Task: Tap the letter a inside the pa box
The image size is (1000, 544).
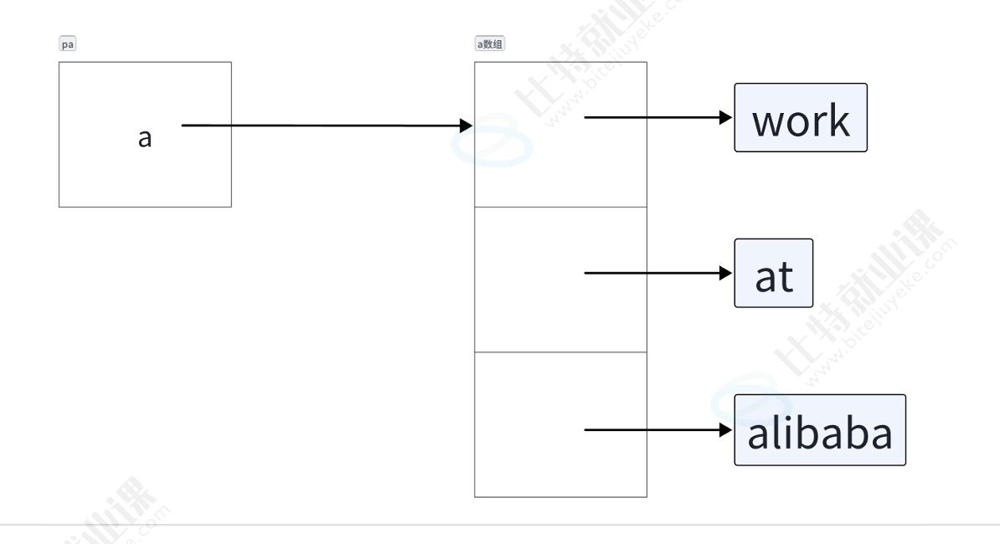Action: coord(145,137)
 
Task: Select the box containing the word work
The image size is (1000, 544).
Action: coord(800,117)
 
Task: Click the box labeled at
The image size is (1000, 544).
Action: coord(774,273)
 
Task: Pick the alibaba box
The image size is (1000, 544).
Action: coord(820,430)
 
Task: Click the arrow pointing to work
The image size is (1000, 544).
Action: coord(653,117)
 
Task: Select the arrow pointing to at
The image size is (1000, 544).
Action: coord(653,273)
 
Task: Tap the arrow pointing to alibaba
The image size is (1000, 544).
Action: coord(653,430)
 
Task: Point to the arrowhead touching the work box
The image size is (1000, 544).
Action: coord(727,117)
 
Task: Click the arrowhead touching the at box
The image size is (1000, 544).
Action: coord(727,273)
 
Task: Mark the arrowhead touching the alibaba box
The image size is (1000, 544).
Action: coord(727,430)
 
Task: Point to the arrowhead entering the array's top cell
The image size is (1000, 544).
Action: coord(466,126)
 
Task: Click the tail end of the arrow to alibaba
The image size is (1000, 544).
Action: coord(586,430)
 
